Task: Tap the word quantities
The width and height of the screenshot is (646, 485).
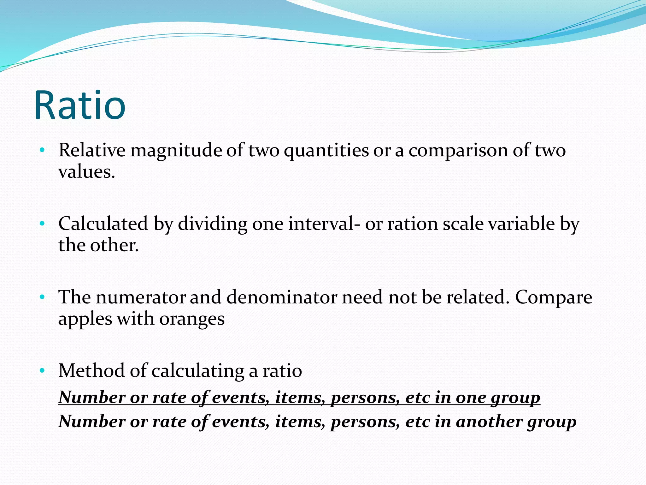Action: point(326,150)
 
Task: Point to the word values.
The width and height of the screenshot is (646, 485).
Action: point(86,172)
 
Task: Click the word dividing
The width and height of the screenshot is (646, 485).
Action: point(212,224)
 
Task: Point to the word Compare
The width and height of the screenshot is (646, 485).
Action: point(554,297)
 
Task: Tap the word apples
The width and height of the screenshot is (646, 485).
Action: point(85,319)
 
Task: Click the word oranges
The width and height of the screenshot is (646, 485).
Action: point(192,319)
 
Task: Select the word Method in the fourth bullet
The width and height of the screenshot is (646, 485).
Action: point(91,371)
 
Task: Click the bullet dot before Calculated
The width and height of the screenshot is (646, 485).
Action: point(42,224)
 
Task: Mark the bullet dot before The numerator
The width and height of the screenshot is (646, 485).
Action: point(42,297)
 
